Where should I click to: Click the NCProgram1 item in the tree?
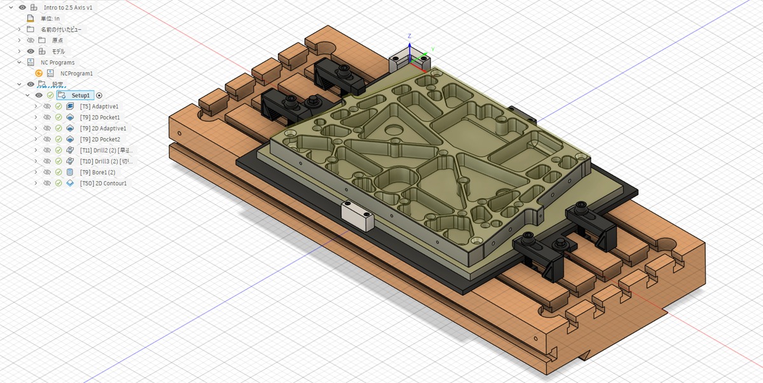pos(76,73)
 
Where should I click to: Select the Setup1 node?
pos(80,95)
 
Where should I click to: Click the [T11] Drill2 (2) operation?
pos(105,151)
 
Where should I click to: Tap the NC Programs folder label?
pos(57,62)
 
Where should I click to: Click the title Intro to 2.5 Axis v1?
pos(69,7)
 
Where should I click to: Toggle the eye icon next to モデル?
pos(30,51)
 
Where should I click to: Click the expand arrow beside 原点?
pos(19,40)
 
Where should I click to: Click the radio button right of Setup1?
pos(99,95)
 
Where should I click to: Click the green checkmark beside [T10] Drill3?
pos(58,161)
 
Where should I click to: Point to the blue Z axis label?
pos(409,36)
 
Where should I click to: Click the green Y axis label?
pos(432,48)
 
